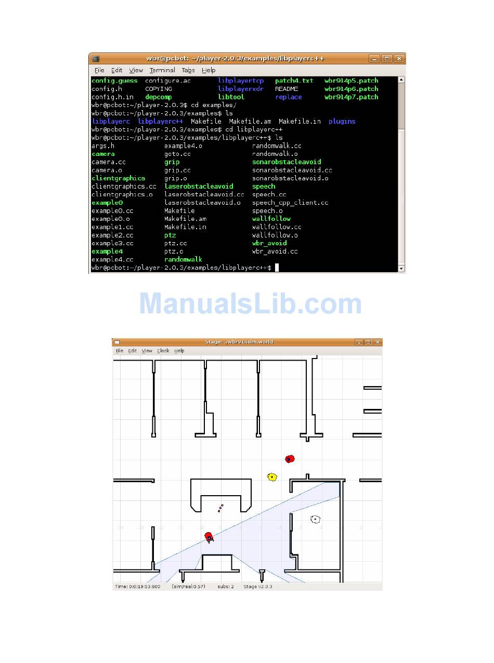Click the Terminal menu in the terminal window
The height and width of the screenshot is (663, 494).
pyautogui.click(x=162, y=70)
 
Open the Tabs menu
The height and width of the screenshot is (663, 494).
pyautogui.click(x=188, y=70)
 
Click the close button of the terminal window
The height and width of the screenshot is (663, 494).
pyautogui.click(x=399, y=59)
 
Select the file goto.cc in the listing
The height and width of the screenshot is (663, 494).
pyautogui.click(x=177, y=154)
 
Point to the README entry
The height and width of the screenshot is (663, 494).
pyautogui.click(x=287, y=89)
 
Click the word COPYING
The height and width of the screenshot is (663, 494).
pyautogui.click(x=158, y=89)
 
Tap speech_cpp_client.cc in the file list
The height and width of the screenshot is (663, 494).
pyautogui.click(x=290, y=203)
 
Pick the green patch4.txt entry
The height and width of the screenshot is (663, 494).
pyautogui.click(x=294, y=81)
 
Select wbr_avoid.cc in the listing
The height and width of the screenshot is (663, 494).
pyautogui.click(x=275, y=251)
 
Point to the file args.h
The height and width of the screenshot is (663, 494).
pyautogui.click(x=103, y=146)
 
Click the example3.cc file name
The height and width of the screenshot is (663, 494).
pyautogui.click(x=112, y=243)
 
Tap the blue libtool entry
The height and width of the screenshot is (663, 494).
pyautogui.click(x=231, y=97)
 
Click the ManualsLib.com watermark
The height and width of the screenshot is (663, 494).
pyautogui.click(x=250, y=304)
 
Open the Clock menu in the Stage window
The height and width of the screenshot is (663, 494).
pyautogui.click(x=163, y=351)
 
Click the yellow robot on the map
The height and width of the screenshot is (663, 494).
pyautogui.click(x=272, y=477)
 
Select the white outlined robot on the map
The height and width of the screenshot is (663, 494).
pyautogui.click(x=315, y=519)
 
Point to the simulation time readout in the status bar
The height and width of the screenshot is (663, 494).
pyautogui.click(x=138, y=587)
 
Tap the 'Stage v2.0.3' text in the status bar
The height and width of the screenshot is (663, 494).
pyautogui.click(x=257, y=587)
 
